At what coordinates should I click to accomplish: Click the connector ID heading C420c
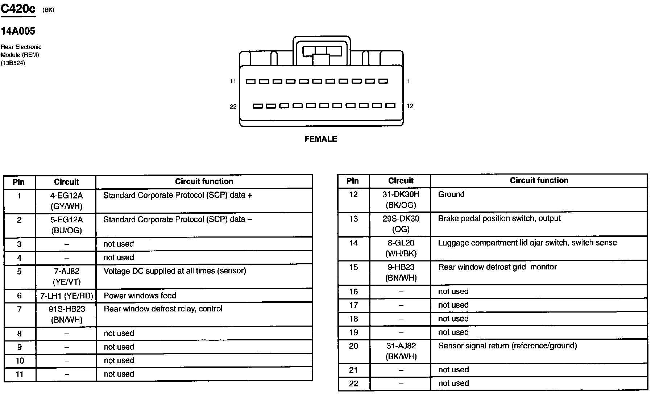coord(18,9)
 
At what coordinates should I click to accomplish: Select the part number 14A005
coord(18,31)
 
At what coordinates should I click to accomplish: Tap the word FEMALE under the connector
coord(321,139)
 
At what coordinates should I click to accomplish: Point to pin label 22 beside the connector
coord(233,106)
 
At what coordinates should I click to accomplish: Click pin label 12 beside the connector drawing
coord(410,106)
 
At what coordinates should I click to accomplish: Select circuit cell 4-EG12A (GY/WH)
coord(66,201)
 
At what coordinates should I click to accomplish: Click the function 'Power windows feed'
coord(140,295)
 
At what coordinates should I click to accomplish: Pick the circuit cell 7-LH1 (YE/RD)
coord(66,296)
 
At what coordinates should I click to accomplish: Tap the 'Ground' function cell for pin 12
coord(451,194)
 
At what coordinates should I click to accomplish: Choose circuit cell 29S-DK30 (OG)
coord(401,224)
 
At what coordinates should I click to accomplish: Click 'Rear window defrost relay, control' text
coord(163,309)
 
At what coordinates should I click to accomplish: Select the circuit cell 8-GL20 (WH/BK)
coord(401,248)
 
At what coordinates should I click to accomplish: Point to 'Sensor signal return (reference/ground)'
coord(507,346)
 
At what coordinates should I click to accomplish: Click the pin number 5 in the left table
coord(19,272)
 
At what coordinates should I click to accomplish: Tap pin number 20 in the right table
coord(353,346)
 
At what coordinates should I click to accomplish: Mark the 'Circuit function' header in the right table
coord(539,180)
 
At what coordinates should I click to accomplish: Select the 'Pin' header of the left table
coord(18,182)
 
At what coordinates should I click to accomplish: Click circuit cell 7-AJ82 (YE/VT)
coord(66,276)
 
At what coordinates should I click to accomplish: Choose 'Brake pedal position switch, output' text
coord(499,218)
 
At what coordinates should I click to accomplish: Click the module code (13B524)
coord(13,63)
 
